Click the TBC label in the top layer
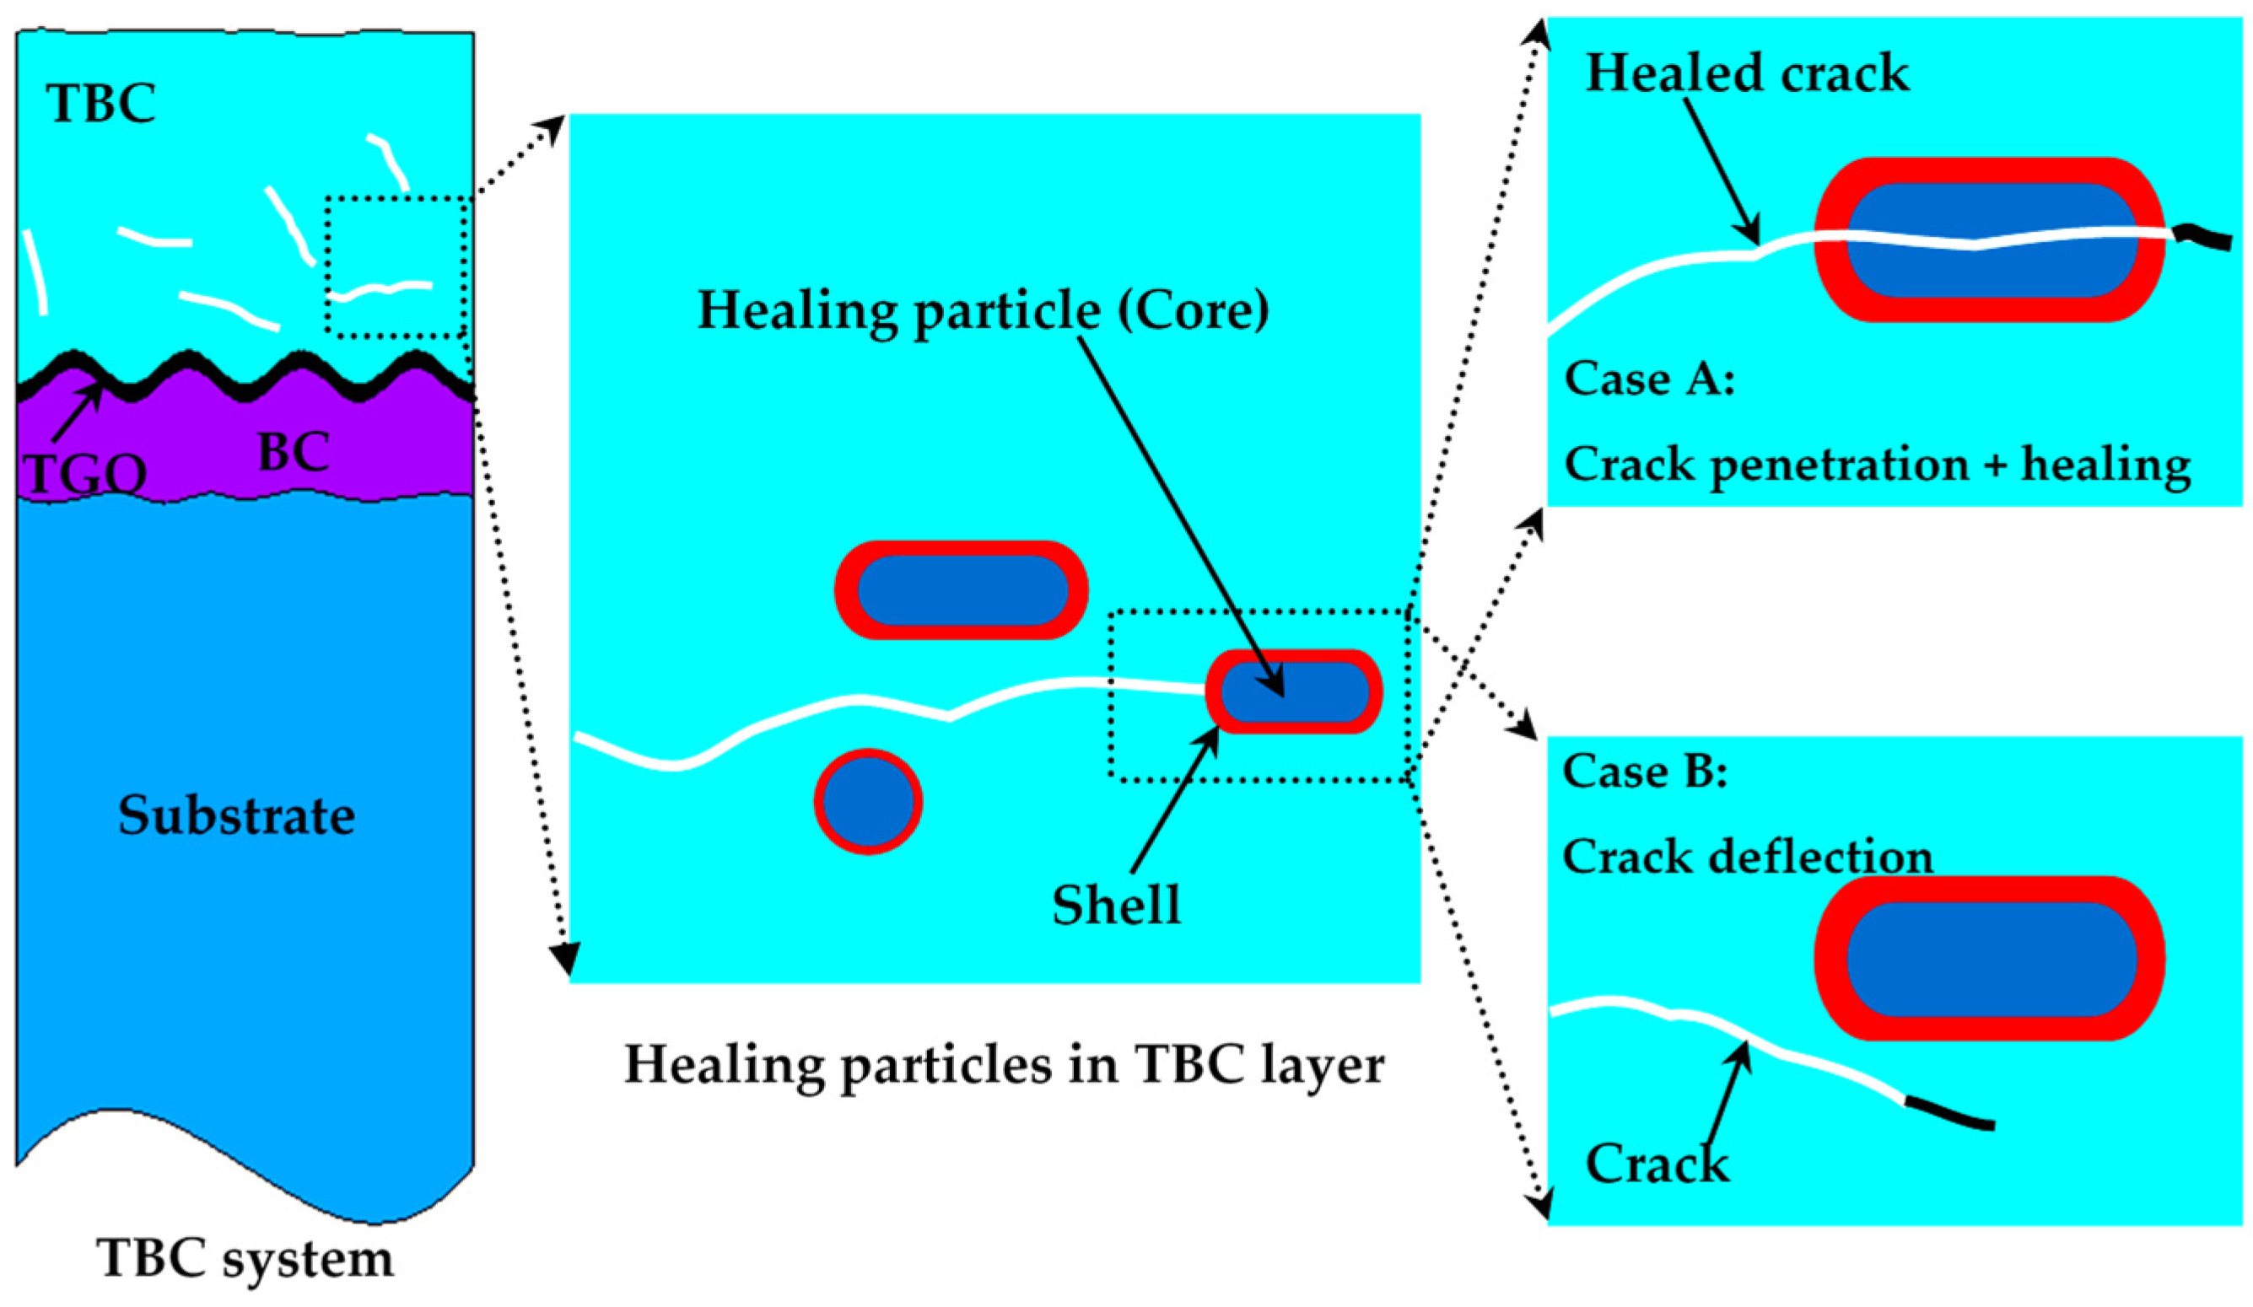pyautogui.click(x=101, y=104)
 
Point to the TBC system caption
pyautogui.click(x=245, y=1258)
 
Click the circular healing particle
pyautogui.click(x=868, y=802)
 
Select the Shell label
pyautogui.click(x=1116, y=905)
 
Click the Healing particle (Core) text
pyautogui.click(x=984, y=310)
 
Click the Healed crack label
pyautogui.click(x=1747, y=73)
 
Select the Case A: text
pyautogui.click(x=1650, y=379)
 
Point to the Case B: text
pyautogui.click(x=1644, y=772)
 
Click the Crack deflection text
pyautogui.click(x=1748, y=857)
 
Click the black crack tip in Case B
pyautogui.click(x=1949, y=1114)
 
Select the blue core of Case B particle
pyautogui.click(x=1991, y=960)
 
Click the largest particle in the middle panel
pyautogui.click(x=961, y=590)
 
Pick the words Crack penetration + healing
pyautogui.click(x=1878, y=464)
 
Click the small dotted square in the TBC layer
pyautogui.click(x=397, y=266)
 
